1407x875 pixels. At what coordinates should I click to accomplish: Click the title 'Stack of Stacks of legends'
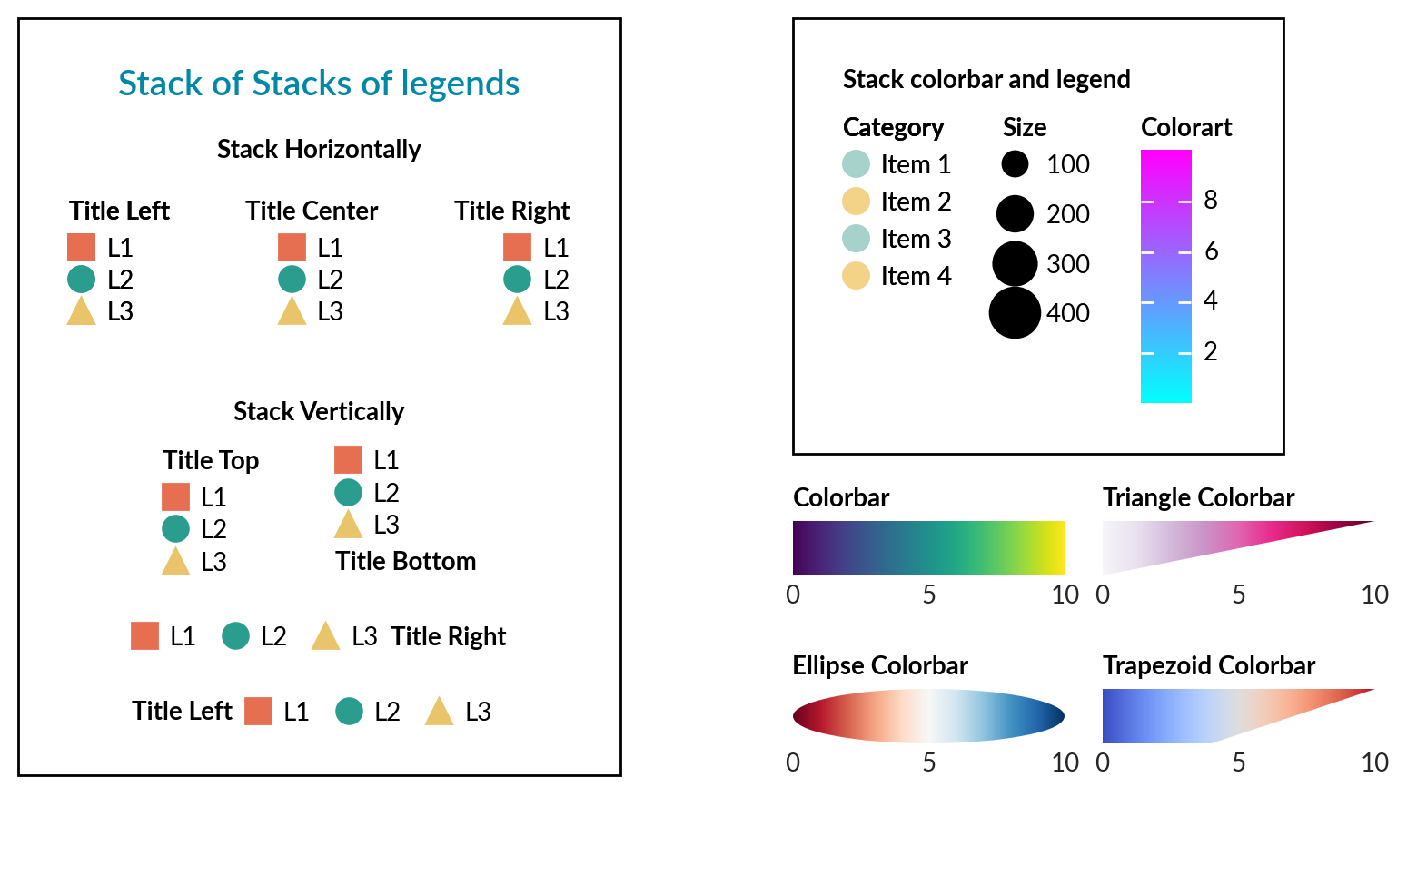(319, 84)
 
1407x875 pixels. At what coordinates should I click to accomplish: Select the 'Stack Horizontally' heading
(319, 149)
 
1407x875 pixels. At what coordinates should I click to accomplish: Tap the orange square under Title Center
(292, 247)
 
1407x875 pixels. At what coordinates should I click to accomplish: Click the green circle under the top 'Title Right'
(517, 280)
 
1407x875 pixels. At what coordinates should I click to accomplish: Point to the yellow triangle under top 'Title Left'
(81, 312)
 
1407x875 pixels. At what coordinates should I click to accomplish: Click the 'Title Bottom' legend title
(405, 561)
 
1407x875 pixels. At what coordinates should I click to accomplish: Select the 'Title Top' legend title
(211, 460)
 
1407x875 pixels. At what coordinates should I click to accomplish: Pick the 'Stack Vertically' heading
(319, 411)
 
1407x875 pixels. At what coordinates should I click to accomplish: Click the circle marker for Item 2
(856, 202)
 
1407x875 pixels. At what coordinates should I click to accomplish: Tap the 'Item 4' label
(916, 276)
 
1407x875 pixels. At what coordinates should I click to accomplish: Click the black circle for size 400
(1015, 313)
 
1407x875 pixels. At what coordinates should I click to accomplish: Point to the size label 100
(1067, 164)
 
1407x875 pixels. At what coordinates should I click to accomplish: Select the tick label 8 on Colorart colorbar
(1210, 200)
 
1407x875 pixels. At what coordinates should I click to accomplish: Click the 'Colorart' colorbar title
(1185, 127)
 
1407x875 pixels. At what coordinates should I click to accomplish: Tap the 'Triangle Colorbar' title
(1198, 497)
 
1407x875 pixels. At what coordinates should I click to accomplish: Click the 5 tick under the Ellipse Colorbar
(928, 762)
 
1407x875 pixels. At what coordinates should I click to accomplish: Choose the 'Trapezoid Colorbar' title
(1208, 665)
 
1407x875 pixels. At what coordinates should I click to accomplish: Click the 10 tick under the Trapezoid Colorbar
(1374, 762)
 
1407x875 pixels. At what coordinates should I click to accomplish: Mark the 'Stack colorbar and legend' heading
(986, 79)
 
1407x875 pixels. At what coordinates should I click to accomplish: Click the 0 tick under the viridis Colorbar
(793, 595)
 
